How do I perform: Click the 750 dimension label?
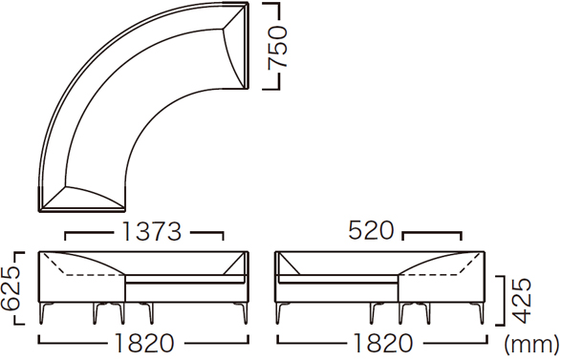click(x=278, y=46)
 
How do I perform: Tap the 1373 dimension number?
click(x=152, y=231)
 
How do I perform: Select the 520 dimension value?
click(x=371, y=230)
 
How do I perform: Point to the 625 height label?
click(x=10, y=288)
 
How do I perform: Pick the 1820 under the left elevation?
click(x=144, y=343)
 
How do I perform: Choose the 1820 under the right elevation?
click(x=382, y=343)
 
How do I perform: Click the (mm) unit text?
click(x=532, y=345)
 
